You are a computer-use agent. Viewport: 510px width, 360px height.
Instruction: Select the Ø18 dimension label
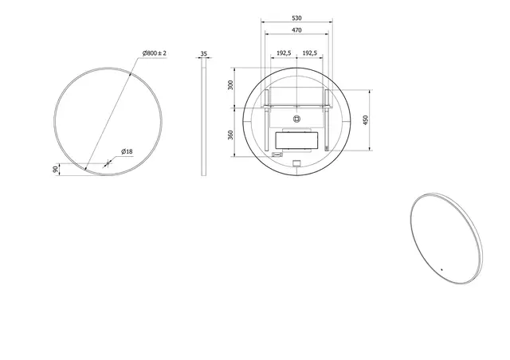(x=127, y=151)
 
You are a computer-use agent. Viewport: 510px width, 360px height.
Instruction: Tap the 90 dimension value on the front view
(x=54, y=169)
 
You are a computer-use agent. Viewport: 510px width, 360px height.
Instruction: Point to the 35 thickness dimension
(x=203, y=54)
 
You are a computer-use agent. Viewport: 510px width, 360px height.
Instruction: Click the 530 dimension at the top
(x=296, y=17)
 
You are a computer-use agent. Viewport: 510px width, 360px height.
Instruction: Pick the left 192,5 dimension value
(x=283, y=53)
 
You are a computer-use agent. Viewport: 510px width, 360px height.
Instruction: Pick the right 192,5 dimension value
(x=310, y=53)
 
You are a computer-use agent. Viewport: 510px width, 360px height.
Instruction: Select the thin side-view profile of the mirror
(x=203, y=119)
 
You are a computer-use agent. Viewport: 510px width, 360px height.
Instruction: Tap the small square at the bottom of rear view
(x=296, y=165)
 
